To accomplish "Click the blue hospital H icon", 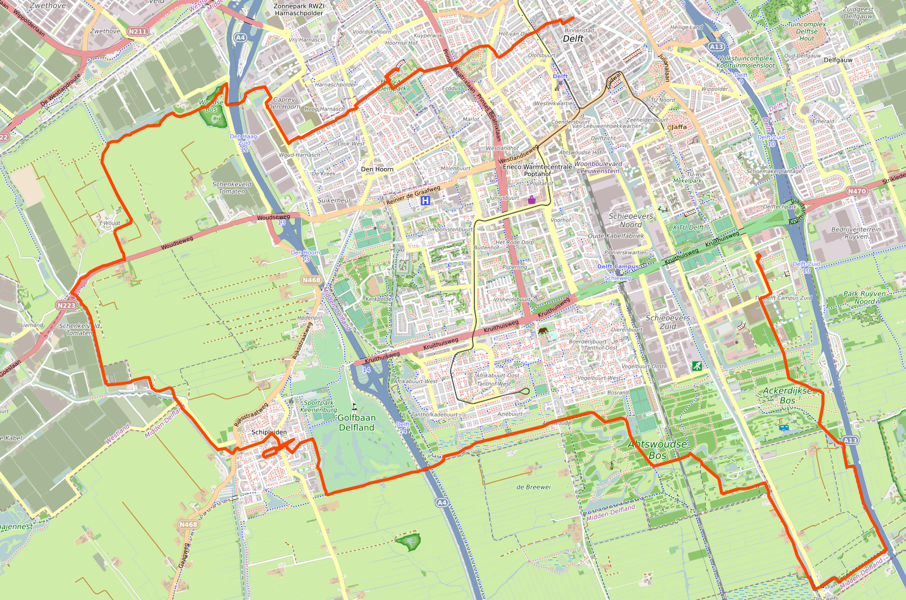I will point(426,200).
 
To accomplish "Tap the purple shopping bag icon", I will point(532,199).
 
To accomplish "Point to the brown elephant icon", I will point(543,331).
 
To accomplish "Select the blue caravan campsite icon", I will point(784,428).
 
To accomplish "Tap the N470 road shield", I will point(857,191).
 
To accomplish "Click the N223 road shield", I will point(66,305).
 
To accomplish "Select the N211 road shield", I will point(137,32).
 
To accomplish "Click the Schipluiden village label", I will point(269,432).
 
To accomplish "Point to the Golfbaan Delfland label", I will point(357,423).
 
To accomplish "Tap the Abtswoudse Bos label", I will point(658,450).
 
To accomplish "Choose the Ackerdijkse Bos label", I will point(788,395).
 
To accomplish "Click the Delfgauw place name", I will point(838,60).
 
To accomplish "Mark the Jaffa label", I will point(678,127).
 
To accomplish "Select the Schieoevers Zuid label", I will point(668,322).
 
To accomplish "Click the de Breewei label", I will point(534,487).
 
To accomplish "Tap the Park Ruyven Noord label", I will point(864,298).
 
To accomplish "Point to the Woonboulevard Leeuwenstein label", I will point(598,167).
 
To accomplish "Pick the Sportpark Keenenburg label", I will point(319,406).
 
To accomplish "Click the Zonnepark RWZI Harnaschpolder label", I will point(299,9).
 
